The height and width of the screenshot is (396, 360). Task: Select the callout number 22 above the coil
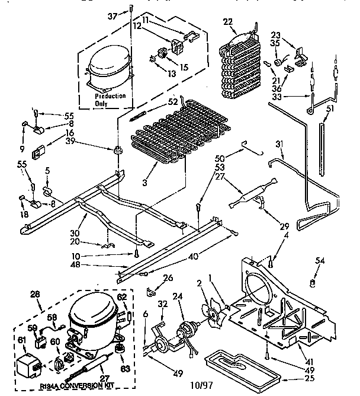point(228,22)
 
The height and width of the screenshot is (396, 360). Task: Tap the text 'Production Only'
point(111,99)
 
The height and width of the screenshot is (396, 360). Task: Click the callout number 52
point(173,101)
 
